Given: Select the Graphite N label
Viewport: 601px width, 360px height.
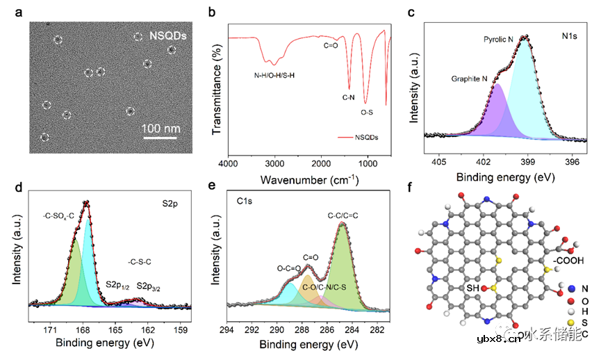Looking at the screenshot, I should click(470, 79).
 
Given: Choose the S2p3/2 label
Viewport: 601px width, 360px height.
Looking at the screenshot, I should click(151, 286).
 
